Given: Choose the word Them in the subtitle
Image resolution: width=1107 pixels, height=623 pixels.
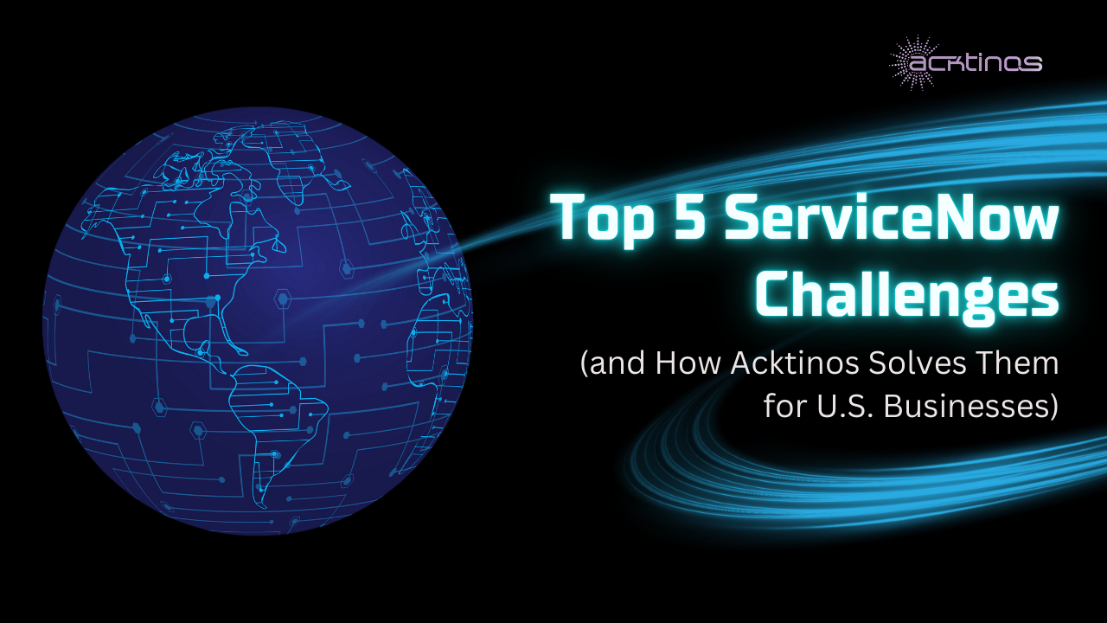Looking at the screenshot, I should pos(1021,363).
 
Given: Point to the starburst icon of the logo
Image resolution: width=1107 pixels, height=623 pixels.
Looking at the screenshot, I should pos(912,62).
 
